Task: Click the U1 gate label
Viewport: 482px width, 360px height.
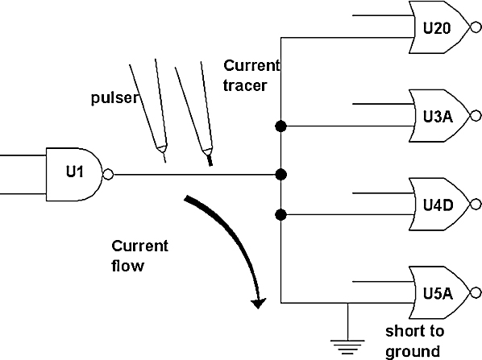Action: point(75,172)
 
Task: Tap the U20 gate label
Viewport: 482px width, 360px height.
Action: point(437,28)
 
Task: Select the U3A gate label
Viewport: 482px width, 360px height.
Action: point(438,117)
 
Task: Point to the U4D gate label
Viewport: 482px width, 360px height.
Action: point(438,205)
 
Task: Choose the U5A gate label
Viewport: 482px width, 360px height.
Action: point(438,293)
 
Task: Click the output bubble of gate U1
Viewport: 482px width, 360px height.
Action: point(108,175)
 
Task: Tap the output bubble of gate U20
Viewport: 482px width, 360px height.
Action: point(476,28)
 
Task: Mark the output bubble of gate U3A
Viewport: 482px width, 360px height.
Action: point(476,116)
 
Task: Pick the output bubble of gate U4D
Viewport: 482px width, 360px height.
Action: point(476,205)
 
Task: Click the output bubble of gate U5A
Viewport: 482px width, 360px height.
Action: point(476,292)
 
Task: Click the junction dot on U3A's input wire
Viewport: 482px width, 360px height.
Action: point(280,126)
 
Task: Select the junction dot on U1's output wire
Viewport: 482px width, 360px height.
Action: point(280,175)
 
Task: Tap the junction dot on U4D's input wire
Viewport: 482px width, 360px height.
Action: point(280,215)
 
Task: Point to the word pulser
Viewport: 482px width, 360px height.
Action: point(115,98)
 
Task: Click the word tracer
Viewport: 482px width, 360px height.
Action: point(245,85)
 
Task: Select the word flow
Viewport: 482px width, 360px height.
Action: point(127,266)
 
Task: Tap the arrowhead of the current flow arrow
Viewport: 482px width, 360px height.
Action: point(258,303)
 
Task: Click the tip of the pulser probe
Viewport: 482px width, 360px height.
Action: point(165,161)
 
